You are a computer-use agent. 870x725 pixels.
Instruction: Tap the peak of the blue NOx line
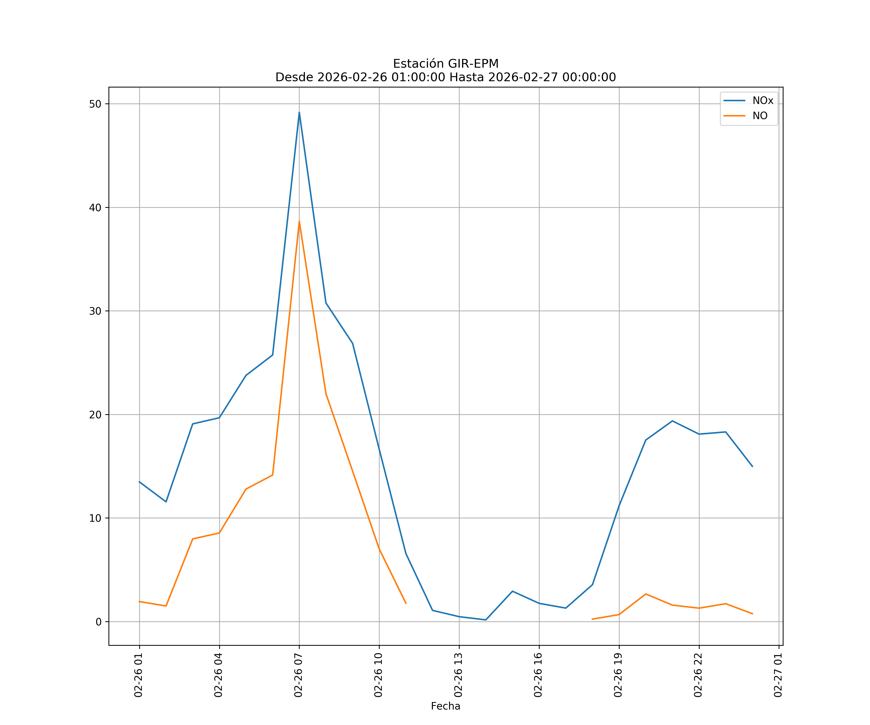[x=299, y=112]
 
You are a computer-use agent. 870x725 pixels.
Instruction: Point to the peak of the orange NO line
[x=299, y=221]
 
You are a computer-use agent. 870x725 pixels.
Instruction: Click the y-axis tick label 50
[x=95, y=104]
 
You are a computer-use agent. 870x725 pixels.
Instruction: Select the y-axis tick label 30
[x=95, y=311]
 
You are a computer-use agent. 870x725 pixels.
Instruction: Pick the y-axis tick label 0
[x=99, y=622]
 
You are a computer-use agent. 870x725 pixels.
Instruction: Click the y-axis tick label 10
[x=95, y=518]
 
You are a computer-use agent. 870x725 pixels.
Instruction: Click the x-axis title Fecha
[x=445, y=706]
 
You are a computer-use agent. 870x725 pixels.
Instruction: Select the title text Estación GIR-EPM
[x=445, y=64]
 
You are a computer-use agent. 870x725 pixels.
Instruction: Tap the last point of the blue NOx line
[x=752, y=466]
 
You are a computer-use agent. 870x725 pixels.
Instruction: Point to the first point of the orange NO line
[x=140, y=602]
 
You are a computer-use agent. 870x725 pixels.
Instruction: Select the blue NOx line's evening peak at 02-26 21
[x=672, y=421]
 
